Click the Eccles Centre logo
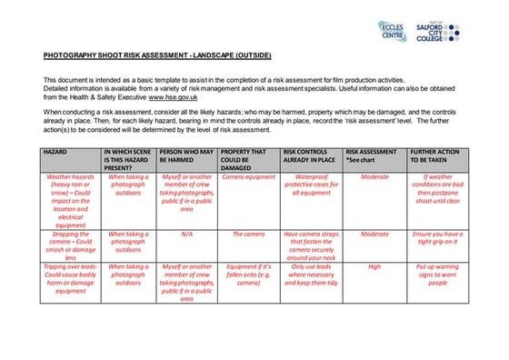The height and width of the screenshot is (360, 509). [392, 31]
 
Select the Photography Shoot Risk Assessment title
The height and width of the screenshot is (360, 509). [156, 55]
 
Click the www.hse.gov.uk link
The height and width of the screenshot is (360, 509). [175, 96]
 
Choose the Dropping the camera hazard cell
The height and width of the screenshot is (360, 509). [71, 245]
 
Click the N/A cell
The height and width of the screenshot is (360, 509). [187, 234]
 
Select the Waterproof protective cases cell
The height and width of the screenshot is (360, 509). [311, 185]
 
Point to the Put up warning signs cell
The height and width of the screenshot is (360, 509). [437, 275]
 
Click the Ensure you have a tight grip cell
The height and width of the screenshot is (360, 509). [437, 238]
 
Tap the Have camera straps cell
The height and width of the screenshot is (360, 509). [311, 245]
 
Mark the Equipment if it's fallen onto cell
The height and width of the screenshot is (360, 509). [248, 275]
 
